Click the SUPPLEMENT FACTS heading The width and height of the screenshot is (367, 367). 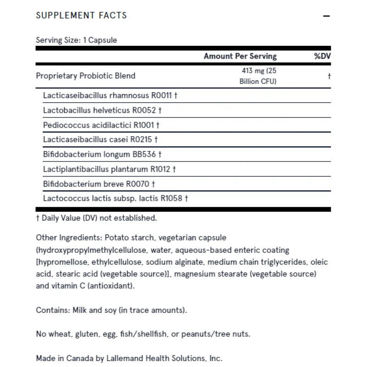(x=81, y=15)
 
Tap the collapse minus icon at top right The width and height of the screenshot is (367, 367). (x=327, y=16)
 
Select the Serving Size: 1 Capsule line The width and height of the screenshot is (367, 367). (x=76, y=40)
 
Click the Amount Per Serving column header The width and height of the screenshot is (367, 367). (x=240, y=56)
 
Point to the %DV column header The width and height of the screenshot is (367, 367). (x=322, y=56)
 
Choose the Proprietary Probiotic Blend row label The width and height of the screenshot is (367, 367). (x=85, y=76)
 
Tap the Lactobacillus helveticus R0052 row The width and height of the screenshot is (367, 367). (x=102, y=110)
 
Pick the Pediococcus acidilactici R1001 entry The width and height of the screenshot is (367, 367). (x=101, y=124)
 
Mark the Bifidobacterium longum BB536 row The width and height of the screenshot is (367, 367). (x=102, y=154)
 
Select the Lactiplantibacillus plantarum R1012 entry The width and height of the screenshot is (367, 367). (x=109, y=169)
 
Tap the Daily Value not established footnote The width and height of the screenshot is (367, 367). (x=96, y=218)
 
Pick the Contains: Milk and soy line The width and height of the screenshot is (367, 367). (x=111, y=310)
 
